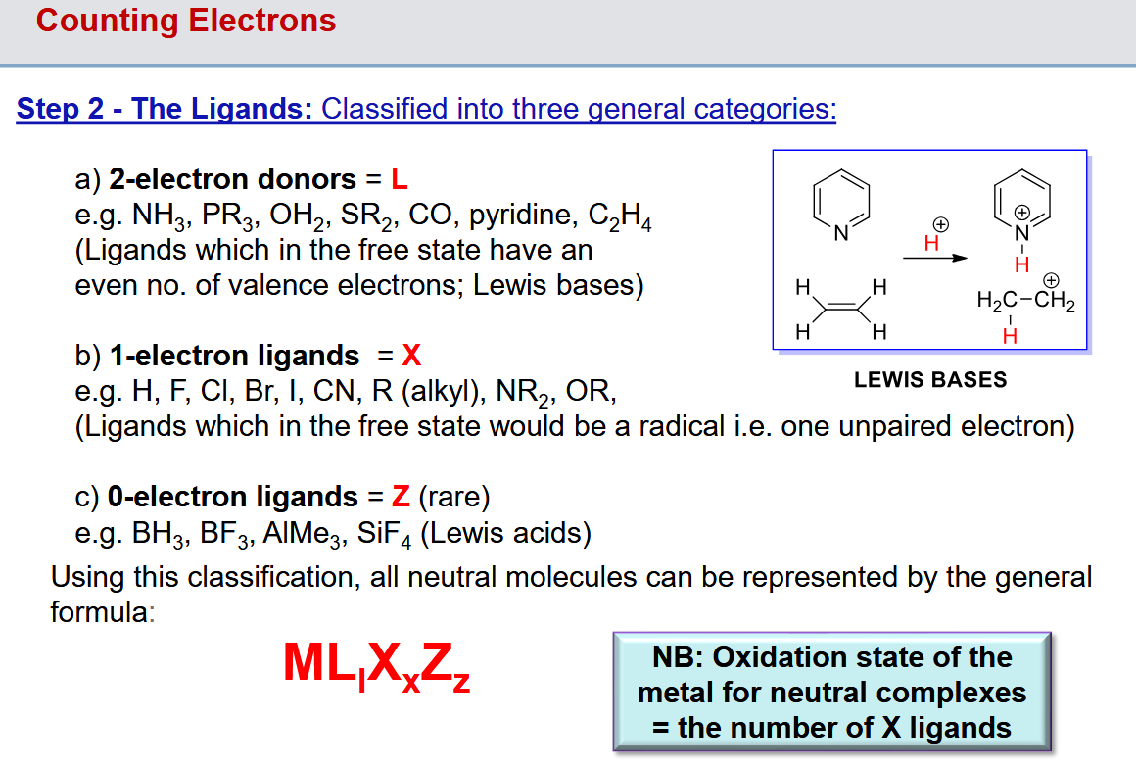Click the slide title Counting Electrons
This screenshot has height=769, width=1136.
click(186, 21)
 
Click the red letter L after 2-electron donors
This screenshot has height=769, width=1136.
click(399, 179)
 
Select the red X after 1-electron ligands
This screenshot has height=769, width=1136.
click(411, 355)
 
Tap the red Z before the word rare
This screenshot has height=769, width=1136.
click(400, 497)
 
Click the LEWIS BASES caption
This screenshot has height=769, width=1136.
click(930, 380)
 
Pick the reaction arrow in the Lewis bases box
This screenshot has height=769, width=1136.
click(933, 258)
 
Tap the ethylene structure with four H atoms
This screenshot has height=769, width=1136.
click(841, 309)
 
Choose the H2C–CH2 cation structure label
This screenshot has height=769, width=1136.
click(1025, 301)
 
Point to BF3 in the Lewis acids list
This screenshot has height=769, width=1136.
click(220, 534)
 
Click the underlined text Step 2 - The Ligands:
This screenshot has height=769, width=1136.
click(165, 108)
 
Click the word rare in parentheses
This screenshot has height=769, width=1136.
click(453, 497)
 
